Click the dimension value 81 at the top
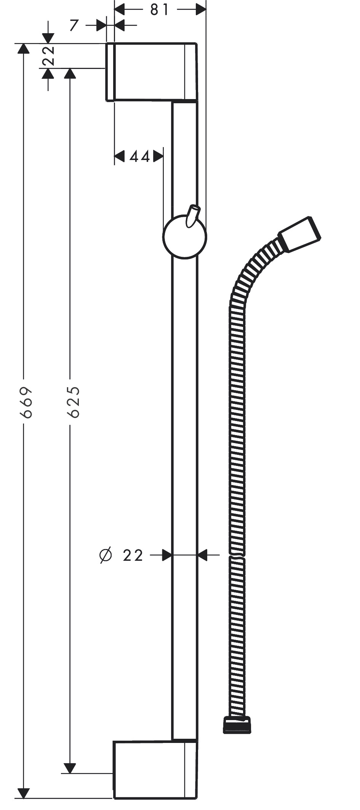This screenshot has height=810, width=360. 159,10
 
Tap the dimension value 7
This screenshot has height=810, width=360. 74,26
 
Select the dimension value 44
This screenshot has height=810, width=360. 139,156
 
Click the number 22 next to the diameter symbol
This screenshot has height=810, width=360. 133,555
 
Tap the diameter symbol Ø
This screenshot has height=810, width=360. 106,555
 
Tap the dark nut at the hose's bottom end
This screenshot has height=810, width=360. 237,725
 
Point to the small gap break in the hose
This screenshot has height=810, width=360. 237,557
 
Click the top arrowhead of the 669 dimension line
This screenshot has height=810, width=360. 24,49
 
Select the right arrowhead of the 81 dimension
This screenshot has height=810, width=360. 201,10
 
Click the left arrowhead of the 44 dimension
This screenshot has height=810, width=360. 120,156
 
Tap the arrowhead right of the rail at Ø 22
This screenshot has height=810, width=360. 202,555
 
